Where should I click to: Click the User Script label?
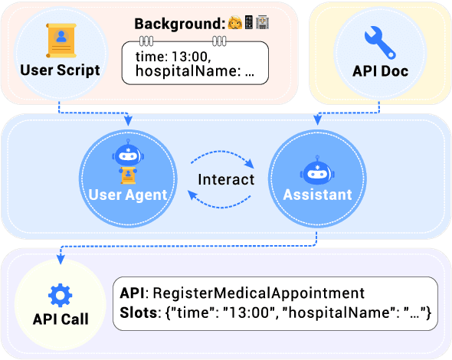pyautogui.click(x=60, y=70)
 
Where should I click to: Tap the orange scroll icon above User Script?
pyautogui.click(x=61, y=38)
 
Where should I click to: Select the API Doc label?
pyautogui.click(x=380, y=71)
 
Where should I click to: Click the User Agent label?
pyautogui.click(x=128, y=195)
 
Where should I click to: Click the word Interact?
pyautogui.click(x=225, y=180)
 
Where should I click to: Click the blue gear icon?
pyautogui.click(x=60, y=296)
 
